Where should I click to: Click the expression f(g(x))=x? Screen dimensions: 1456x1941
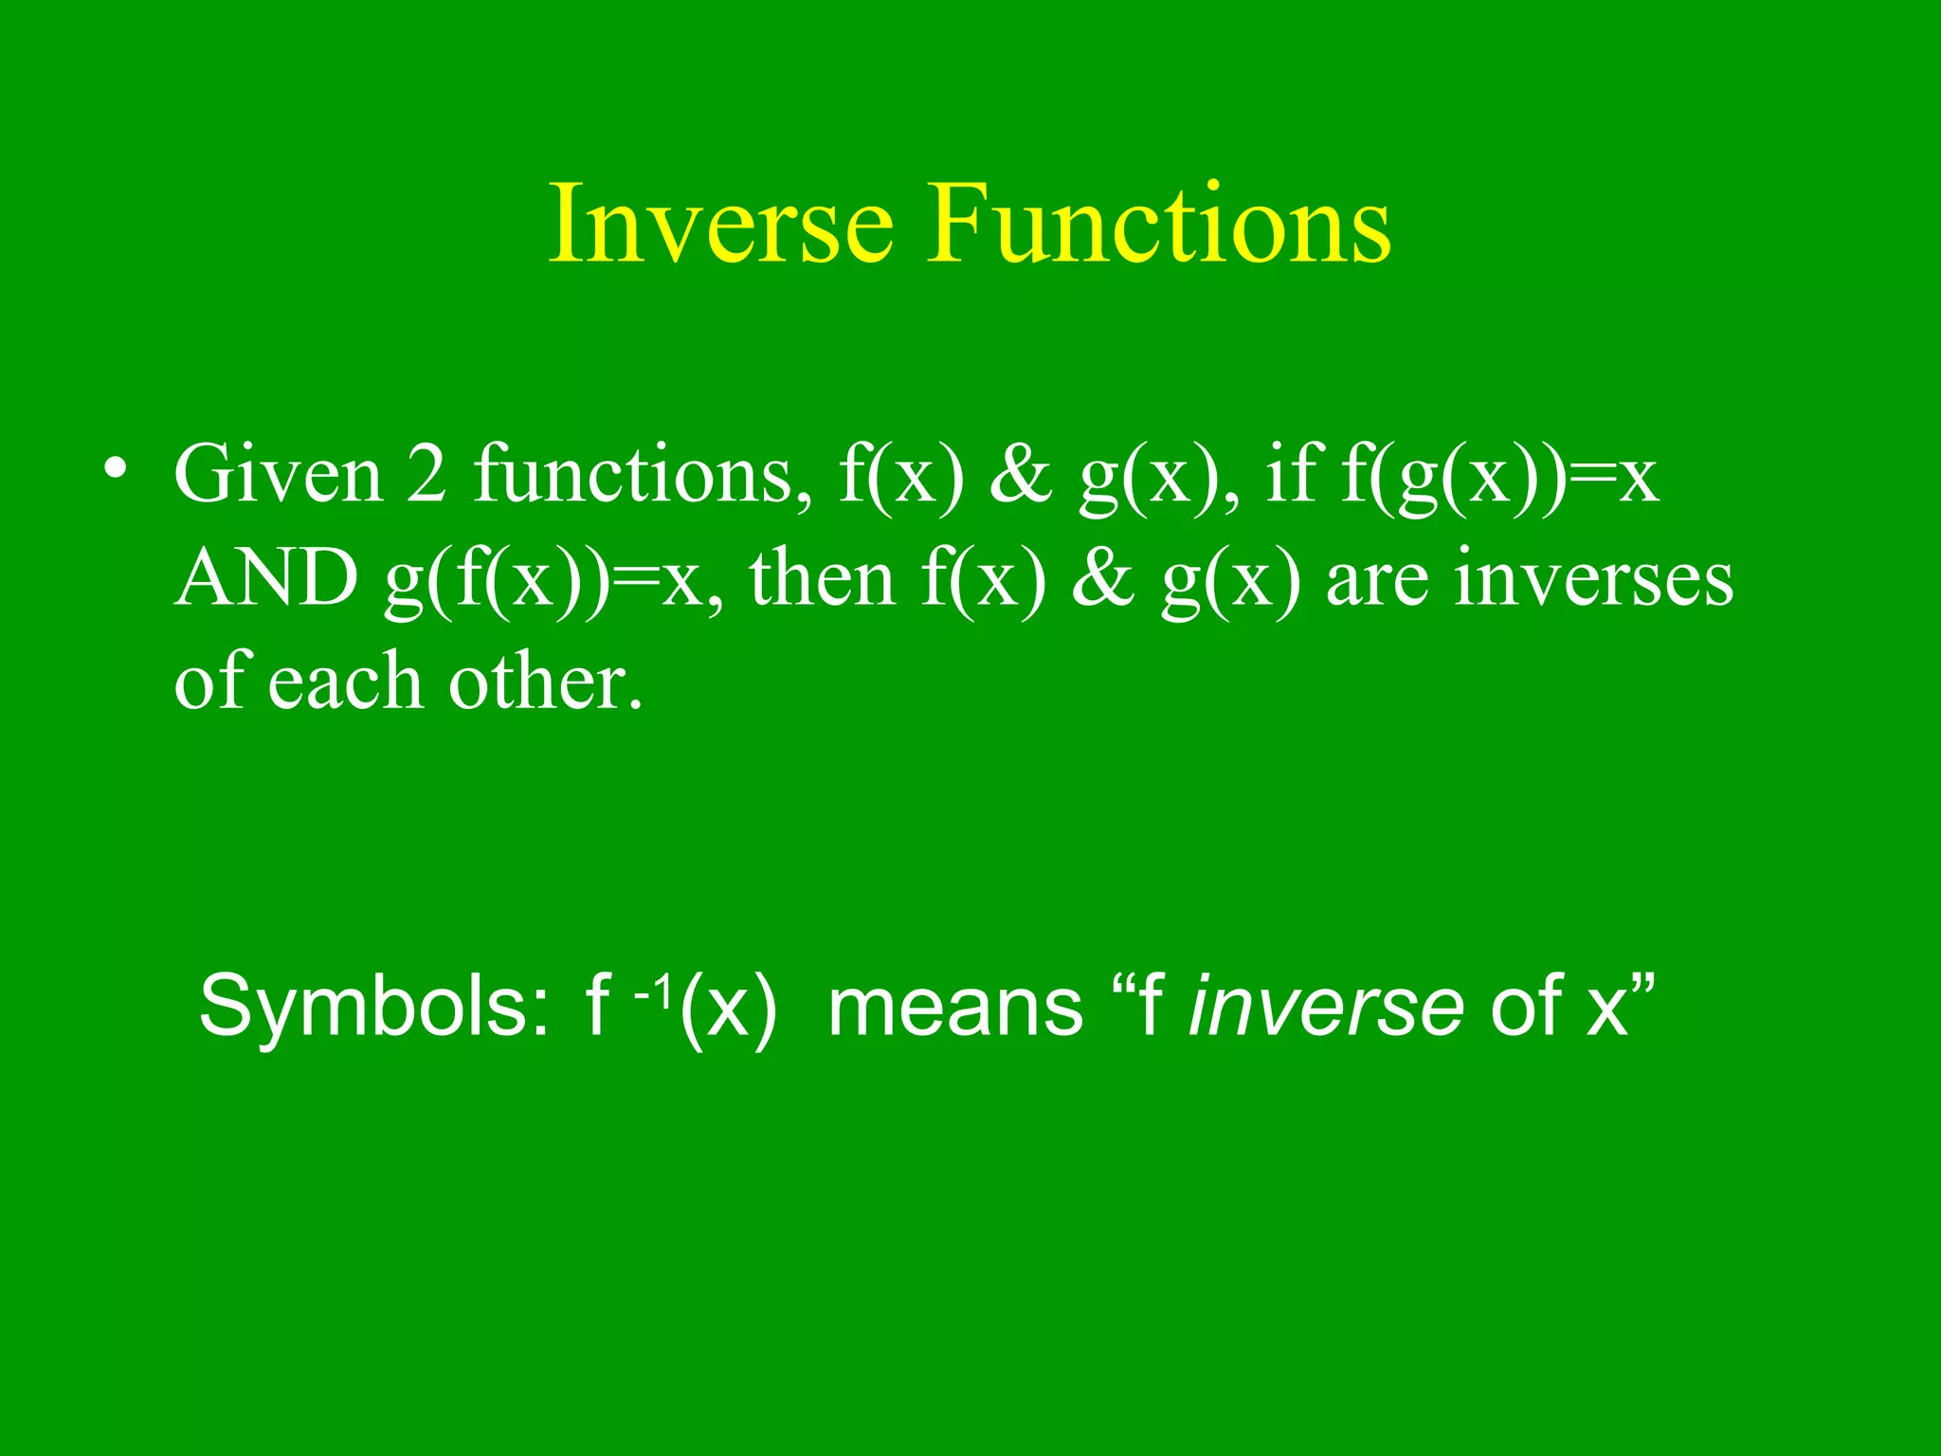coord(1500,476)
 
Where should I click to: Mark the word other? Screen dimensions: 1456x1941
coord(545,682)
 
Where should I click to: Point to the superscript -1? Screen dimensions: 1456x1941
coord(654,992)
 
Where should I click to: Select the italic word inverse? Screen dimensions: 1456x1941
coord(1325,1007)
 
